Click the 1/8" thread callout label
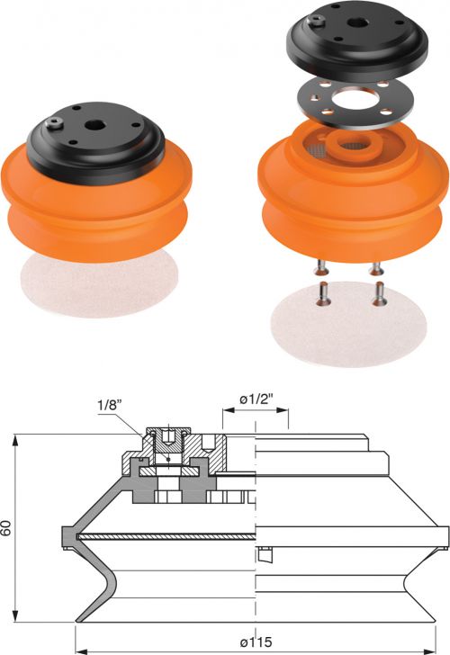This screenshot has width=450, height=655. click(x=110, y=405)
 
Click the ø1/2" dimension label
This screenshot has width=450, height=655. click(x=256, y=399)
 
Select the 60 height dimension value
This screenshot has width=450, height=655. click(x=5, y=528)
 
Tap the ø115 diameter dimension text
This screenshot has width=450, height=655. click(x=256, y=642)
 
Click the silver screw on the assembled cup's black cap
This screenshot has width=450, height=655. click(x=55, y=122)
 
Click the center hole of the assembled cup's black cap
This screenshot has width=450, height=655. click(x=94, y=125)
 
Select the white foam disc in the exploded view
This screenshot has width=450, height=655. click(x=348, y=324)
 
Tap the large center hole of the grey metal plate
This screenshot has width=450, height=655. click(x=354, y=99)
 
